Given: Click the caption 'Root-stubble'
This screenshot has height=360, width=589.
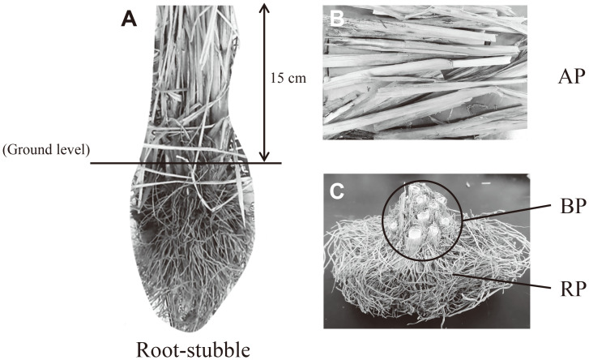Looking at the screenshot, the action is coord(193,349).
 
